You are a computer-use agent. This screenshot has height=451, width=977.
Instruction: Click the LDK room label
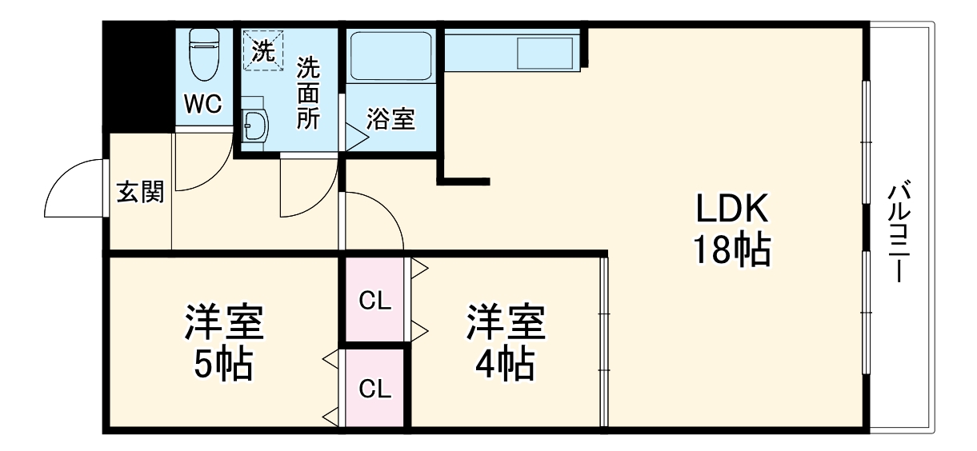[x=731, y=210]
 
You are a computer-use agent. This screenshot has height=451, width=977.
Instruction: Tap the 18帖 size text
[x=731, y=251]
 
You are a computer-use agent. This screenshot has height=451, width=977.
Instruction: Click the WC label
[x=203, y=104]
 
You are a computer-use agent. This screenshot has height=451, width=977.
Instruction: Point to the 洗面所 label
[x=309, y=93]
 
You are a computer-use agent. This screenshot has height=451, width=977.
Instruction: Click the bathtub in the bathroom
[x=391, y=56]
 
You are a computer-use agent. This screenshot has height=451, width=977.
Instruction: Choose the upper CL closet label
[x=374, y=301]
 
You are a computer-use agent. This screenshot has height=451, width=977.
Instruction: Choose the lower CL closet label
[x=374, y=389]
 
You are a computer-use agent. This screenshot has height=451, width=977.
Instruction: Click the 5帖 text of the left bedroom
[x=223, y=365]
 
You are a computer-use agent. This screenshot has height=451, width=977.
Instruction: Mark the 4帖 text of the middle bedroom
[x=505, y=365]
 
